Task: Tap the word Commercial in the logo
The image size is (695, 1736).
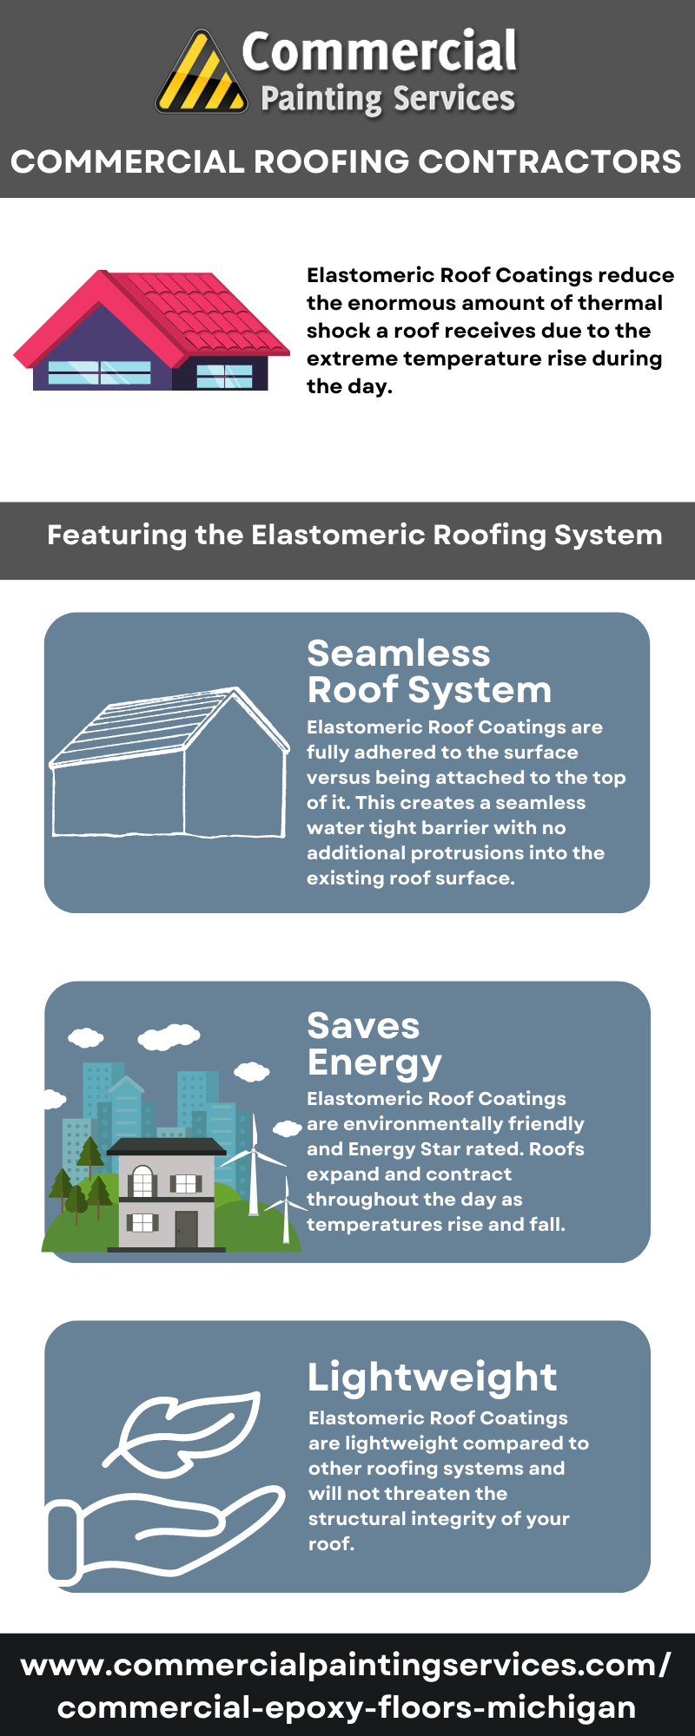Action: click(x=380, y=51)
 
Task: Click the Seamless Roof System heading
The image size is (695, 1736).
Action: click(x=429, y=672)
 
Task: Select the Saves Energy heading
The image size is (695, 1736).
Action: click(x=374, y=1044)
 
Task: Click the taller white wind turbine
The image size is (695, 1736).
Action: click(x=254, y=1163)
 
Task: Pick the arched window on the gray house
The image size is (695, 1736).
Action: click(x=142, y=1181)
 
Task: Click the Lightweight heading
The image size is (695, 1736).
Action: click(x=433, y=1378)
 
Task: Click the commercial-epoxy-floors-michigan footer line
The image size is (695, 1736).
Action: click(x=347, y=1707)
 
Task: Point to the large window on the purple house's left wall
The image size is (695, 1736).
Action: click(x=100, y=372)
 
